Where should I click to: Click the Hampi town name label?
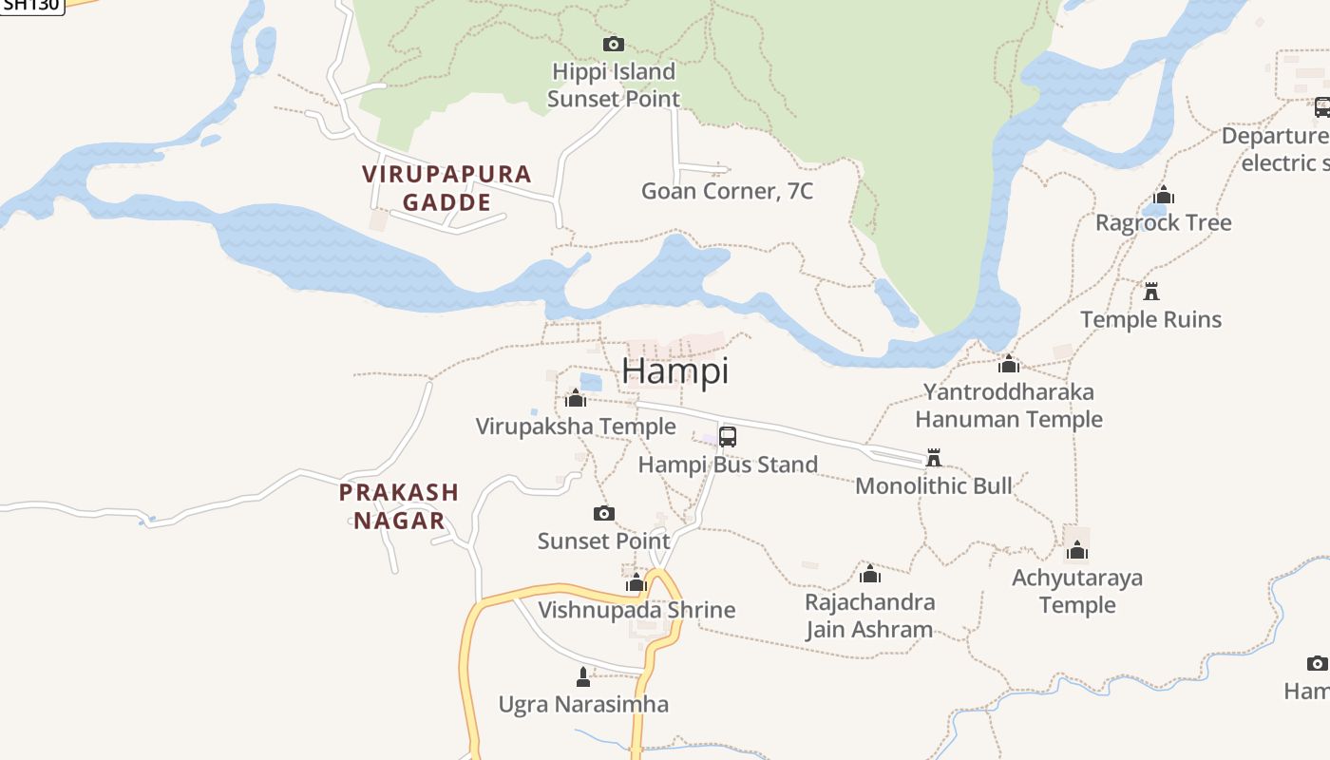[x=675, y=370]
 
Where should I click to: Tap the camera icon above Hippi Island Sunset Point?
[x=614, y=44]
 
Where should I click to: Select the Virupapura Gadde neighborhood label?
[x=446, y=188]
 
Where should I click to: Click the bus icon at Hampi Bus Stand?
[x=728, y=437]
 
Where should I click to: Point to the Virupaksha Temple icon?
[x=576, y=398]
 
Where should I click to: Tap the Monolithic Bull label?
[x=934, y=486]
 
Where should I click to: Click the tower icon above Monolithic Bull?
[x=934, y=459]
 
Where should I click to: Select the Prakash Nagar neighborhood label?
[x=399, y=506]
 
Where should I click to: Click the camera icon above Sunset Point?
[x=604, y=514]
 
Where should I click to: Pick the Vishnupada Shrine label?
[x=636, y=610]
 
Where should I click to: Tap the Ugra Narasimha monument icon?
[x=583, y=677]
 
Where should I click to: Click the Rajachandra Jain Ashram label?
[x=869, y=616]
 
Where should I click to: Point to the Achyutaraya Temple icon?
[x=1077, y=550]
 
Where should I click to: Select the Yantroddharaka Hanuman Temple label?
[x=1009, y=406]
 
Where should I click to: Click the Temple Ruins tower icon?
[x=1151, y=291]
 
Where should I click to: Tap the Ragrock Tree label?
[x=1164, y=223]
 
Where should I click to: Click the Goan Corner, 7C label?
[x=728, y=191]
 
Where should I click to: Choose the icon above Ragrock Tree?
[x=1164, y=197]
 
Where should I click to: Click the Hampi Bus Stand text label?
[x=728, y=465]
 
